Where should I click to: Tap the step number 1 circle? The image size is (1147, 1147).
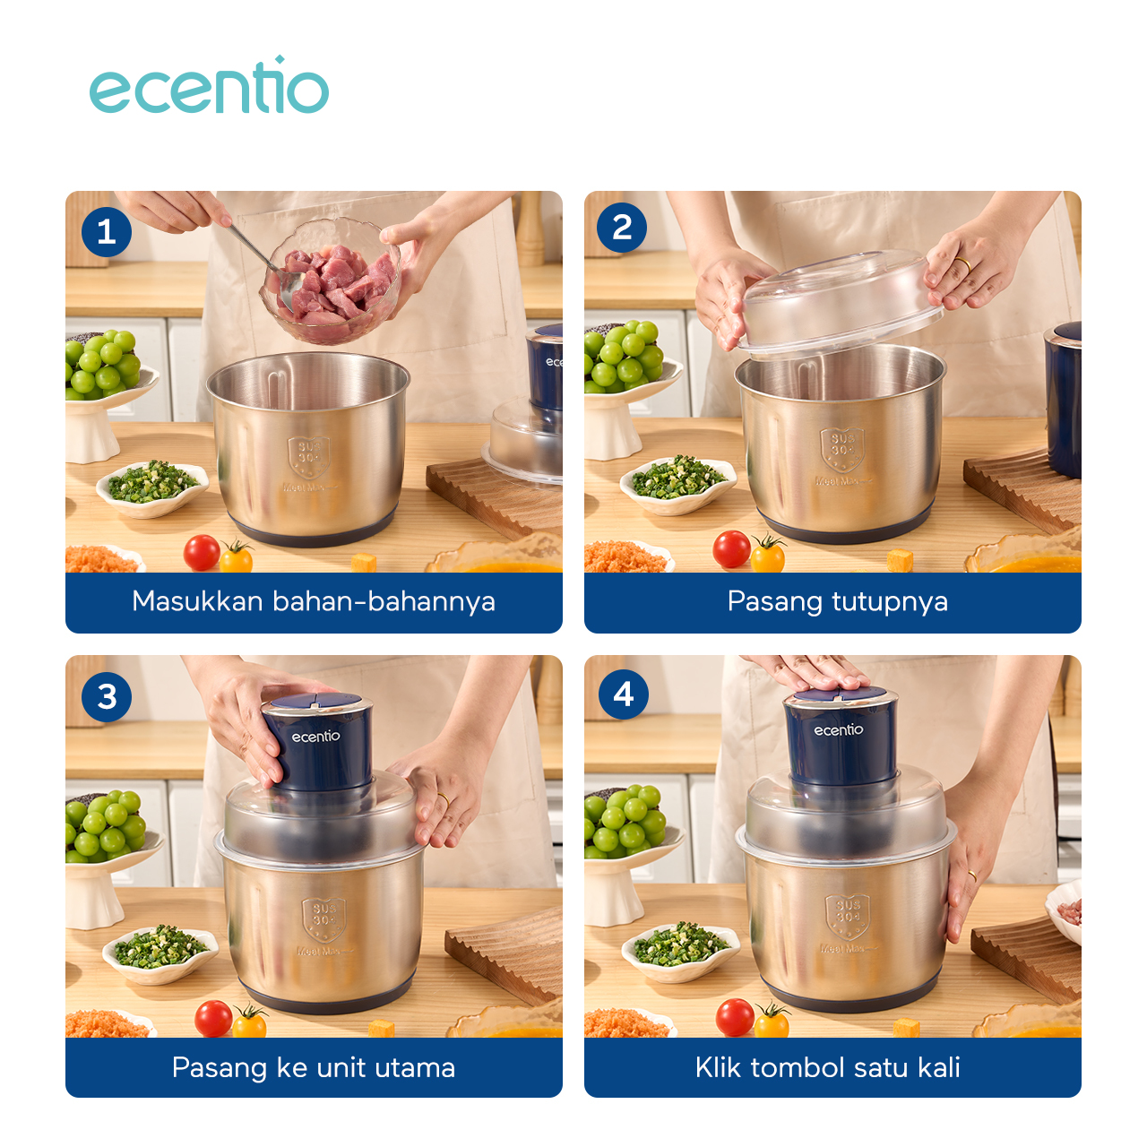107,232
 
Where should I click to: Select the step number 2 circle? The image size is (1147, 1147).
622,228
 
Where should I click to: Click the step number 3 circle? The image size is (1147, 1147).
107,696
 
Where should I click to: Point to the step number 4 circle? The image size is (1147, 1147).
624,694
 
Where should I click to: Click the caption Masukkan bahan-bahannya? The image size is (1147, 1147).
314,601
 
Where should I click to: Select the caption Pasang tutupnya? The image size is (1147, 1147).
837,601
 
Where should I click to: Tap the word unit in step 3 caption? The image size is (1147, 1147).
341,1067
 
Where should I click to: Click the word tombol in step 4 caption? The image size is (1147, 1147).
798,1067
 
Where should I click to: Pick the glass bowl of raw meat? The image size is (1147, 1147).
332,282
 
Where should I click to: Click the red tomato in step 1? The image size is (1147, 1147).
202,552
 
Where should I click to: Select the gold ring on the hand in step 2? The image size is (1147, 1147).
962,264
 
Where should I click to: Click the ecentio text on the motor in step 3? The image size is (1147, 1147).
315,737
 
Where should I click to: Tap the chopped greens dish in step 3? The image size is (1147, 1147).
160,950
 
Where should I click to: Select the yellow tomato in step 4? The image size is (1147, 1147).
772,1022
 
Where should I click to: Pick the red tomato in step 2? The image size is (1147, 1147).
731,548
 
